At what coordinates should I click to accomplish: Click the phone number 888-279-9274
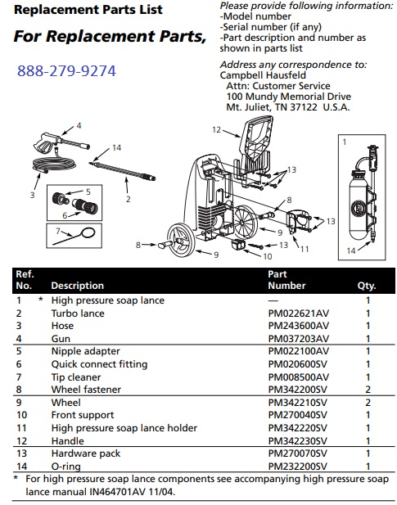coord(66,71)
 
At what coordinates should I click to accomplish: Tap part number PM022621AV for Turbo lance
coord(298,313)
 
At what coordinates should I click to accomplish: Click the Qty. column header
coord(366,286)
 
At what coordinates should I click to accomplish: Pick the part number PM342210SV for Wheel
coord(298,404)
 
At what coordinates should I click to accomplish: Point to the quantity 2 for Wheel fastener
coord(368,390)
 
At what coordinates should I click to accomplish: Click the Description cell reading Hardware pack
coord(85,453)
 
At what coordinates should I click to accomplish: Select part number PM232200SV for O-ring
coord(298,466)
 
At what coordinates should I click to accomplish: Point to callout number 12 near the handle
coord(217,129)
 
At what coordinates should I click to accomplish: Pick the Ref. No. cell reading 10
coord(20,417)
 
